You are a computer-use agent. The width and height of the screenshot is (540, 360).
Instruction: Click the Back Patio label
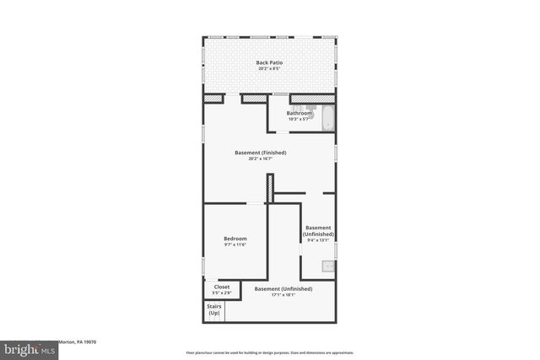point(269,62)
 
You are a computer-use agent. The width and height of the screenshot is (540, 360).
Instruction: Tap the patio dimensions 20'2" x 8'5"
point(269,69)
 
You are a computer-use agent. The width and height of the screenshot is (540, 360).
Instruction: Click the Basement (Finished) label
point(261,153)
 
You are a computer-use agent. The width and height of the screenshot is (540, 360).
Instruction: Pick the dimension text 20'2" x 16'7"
point(261,159)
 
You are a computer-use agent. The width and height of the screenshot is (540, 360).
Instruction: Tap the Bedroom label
point(235,239)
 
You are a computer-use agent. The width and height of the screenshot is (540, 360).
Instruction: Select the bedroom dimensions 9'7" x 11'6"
point(235,245)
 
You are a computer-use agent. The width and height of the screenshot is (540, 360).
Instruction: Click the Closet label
point(222,287)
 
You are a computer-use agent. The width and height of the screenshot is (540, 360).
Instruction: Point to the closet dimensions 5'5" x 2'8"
point(222,293)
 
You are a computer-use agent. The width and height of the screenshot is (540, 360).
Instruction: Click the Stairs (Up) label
point(214,309)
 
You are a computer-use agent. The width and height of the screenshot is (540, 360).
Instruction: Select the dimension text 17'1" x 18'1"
point(283,295)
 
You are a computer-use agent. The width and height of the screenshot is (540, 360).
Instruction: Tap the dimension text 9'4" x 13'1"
point(318,239)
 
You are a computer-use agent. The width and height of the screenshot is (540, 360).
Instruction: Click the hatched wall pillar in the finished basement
point(270,188)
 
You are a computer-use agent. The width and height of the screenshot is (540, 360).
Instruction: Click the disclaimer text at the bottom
point(269,352)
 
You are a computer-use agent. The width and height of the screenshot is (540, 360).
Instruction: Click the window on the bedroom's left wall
point(202,266)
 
